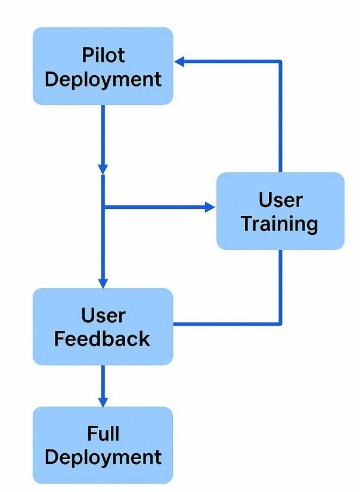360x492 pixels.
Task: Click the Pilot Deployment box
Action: point(103,66)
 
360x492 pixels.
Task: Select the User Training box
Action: point(280,211)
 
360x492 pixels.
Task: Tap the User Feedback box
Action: point(103,326)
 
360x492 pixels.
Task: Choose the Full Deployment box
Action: point(103,445)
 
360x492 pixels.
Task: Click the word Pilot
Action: point(103,55)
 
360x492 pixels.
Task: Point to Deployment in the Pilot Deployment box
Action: point(103,79)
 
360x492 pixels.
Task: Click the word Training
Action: point(280,224)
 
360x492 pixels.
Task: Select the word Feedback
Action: point(103,339)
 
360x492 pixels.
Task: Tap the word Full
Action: point(103,433)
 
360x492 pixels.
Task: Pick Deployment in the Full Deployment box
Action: point(103,457)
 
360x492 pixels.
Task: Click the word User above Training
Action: point(280,200)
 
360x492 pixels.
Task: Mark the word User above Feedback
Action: point(103,315)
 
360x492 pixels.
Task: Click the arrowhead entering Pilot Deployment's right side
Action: point(179,61)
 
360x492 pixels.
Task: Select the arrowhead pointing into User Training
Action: point(210,207)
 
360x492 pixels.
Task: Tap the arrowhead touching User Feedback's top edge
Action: point(103,283)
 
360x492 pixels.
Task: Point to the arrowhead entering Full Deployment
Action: point(103,401)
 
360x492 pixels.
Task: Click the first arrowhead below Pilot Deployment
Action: point(103,169)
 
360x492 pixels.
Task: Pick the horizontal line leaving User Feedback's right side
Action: point(226,324)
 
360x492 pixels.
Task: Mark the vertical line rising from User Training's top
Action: point(280,119)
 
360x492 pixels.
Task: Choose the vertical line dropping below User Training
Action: point(280,286)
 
